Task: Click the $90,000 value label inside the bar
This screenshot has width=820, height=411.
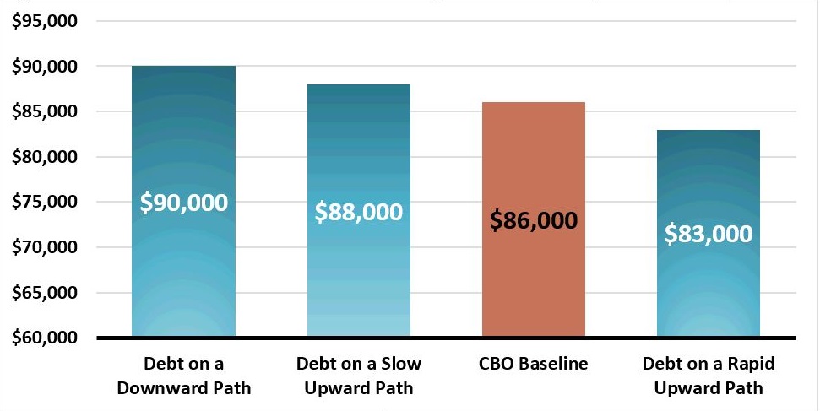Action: [x=184, y=203]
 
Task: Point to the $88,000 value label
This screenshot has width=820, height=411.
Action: [x=358, y=212]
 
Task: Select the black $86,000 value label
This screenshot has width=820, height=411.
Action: [x=534, y=221]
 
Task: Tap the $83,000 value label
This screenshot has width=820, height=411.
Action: [x=709, y=233]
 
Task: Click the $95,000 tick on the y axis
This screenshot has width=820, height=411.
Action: [x=45, y=20]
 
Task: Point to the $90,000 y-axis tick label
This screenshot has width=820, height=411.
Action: [x=45, y=66]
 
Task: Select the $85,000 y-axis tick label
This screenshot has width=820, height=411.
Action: [x=45, y=111]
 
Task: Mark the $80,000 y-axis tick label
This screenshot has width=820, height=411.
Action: [x=45, y=157]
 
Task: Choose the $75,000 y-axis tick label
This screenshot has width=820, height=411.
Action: [x=45, y=203]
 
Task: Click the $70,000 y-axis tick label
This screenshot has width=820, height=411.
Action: [x=45, y=248]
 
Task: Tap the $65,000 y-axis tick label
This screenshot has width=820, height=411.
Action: [x=45, y=293]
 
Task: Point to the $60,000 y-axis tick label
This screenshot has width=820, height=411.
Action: [x=45, y=338]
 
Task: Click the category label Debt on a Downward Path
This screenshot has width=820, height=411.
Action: [x=184, y=376]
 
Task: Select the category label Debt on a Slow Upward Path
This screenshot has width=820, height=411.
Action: [x=358, y=376]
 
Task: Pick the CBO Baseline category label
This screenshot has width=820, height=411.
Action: [x=534, y=364]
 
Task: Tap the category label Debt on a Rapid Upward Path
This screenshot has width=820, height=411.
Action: [x=709, y=376]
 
